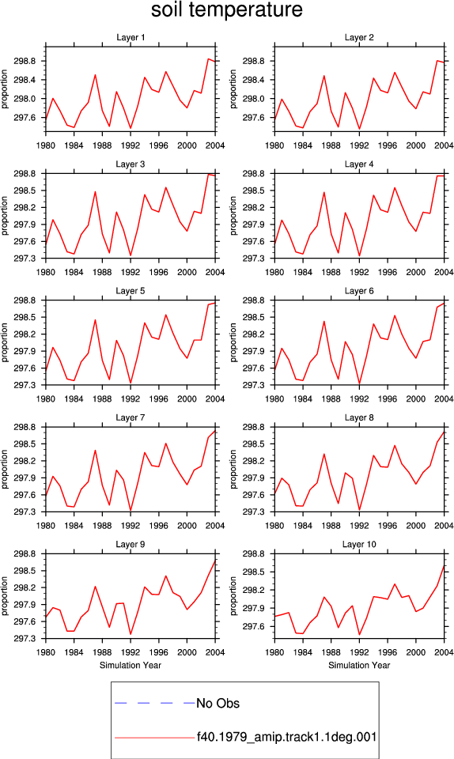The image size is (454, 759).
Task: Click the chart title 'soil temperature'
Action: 227,9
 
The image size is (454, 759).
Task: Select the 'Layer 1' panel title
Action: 131,37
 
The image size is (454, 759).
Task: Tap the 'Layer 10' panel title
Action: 359,544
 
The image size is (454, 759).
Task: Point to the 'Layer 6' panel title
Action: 359,290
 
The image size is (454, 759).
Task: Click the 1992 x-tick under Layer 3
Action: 131,272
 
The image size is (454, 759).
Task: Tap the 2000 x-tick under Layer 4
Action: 416,272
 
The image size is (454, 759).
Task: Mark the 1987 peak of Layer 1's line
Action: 95,74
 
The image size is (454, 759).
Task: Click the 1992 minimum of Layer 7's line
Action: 131,510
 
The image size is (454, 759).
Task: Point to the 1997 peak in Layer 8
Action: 395,445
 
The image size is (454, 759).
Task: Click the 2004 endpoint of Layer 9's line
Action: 215,560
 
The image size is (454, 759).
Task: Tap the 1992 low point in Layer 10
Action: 359,635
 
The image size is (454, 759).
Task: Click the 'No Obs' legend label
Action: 218,704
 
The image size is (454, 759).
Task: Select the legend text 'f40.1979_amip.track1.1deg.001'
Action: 286,737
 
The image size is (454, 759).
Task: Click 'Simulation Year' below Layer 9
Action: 131,665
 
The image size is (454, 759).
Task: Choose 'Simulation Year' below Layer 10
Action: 359,665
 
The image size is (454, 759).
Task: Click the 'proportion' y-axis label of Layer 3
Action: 5,216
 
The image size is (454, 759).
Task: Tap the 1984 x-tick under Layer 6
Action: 302,398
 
